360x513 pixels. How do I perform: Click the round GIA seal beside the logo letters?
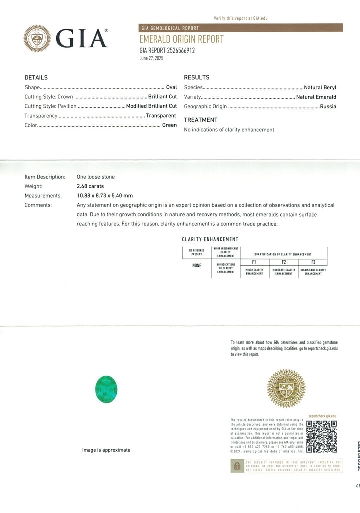37,38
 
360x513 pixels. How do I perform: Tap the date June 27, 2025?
151,58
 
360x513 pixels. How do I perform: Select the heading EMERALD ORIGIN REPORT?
181,39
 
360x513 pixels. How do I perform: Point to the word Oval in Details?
171,87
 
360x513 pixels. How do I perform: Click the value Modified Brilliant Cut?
151,106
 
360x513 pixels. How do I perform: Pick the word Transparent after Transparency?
161,116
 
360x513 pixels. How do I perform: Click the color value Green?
169,125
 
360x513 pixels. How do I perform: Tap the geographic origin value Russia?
328,106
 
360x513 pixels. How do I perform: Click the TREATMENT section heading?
201,120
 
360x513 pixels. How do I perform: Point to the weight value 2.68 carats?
90,186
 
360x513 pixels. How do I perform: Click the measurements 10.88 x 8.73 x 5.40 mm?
105,196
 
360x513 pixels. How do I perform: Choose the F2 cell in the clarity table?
284,262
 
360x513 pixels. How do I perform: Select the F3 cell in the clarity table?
313,262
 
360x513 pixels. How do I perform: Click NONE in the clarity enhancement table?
197,265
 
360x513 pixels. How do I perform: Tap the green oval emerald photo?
106,389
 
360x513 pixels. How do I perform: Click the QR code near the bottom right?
321,436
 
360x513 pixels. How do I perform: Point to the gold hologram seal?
286,388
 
